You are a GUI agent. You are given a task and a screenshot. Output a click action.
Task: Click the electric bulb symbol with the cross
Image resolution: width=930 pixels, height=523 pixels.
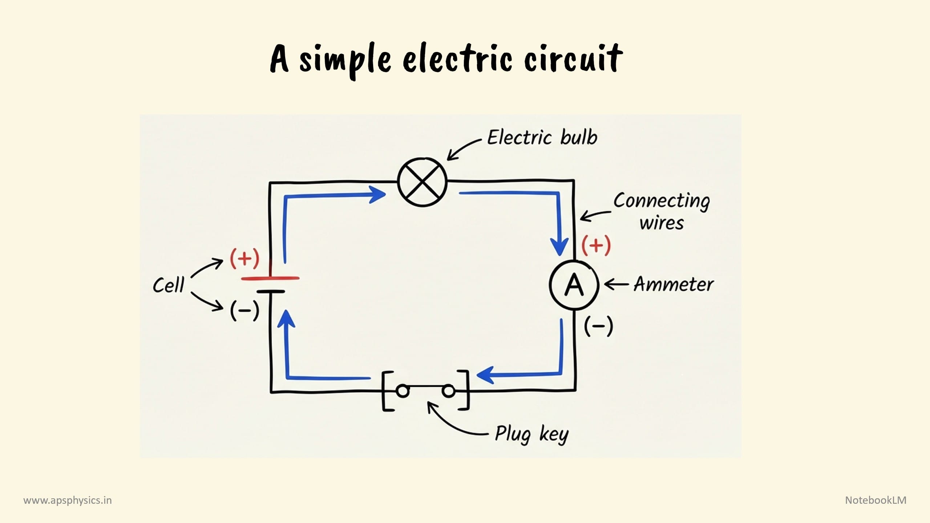[422, 182]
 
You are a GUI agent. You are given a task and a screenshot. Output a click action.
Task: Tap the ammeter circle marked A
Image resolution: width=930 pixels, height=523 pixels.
[574, 285]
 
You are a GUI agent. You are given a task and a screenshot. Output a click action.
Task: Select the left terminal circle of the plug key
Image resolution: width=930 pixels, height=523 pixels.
[402, 391]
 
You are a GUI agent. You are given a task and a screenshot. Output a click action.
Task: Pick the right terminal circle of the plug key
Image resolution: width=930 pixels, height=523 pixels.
[448, 391]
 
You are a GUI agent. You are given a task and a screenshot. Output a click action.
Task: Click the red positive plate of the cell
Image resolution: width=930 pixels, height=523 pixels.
[270, 279]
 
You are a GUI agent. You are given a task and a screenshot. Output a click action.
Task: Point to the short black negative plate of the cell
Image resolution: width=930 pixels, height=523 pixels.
[271, 291]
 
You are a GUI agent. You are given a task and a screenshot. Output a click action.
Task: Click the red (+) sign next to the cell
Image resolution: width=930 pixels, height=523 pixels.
[244, 259]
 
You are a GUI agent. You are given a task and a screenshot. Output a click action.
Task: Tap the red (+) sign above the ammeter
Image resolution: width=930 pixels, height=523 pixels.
[596, 246]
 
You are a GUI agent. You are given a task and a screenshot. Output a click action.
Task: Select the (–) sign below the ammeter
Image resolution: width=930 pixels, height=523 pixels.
[598, 326]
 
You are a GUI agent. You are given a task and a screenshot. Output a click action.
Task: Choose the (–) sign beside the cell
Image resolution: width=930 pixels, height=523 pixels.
[244, 311]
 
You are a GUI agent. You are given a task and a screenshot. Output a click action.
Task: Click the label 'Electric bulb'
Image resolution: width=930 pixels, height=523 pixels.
[542, 138]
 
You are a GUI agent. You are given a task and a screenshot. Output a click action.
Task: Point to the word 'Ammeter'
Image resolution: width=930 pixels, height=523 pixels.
[674, 284]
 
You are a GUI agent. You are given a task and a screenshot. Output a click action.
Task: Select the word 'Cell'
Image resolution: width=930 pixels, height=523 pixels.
[169, 285]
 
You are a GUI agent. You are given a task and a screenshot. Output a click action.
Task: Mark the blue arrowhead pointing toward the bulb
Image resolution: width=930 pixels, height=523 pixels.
[378, 195]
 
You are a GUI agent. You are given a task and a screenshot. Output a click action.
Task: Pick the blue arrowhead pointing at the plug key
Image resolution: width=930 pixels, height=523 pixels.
[485, 375]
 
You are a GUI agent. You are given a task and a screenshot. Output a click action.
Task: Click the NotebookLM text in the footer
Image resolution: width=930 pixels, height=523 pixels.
[876, 500]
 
